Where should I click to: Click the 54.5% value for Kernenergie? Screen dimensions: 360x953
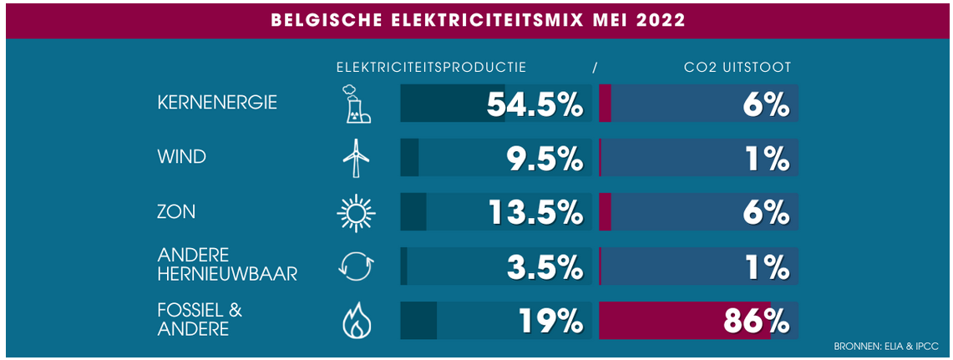534,104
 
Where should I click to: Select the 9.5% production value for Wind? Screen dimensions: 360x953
544,158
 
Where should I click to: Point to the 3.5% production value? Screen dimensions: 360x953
544,266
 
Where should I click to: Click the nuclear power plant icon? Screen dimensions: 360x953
354,104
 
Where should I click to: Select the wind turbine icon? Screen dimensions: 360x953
356,158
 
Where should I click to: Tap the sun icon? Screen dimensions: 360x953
355,212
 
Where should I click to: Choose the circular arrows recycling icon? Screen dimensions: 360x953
355,266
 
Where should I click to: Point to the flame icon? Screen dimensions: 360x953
355,321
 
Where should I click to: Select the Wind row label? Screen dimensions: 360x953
181,157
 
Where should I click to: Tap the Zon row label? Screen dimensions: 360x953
176,212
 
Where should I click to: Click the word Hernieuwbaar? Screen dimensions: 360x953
227,274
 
